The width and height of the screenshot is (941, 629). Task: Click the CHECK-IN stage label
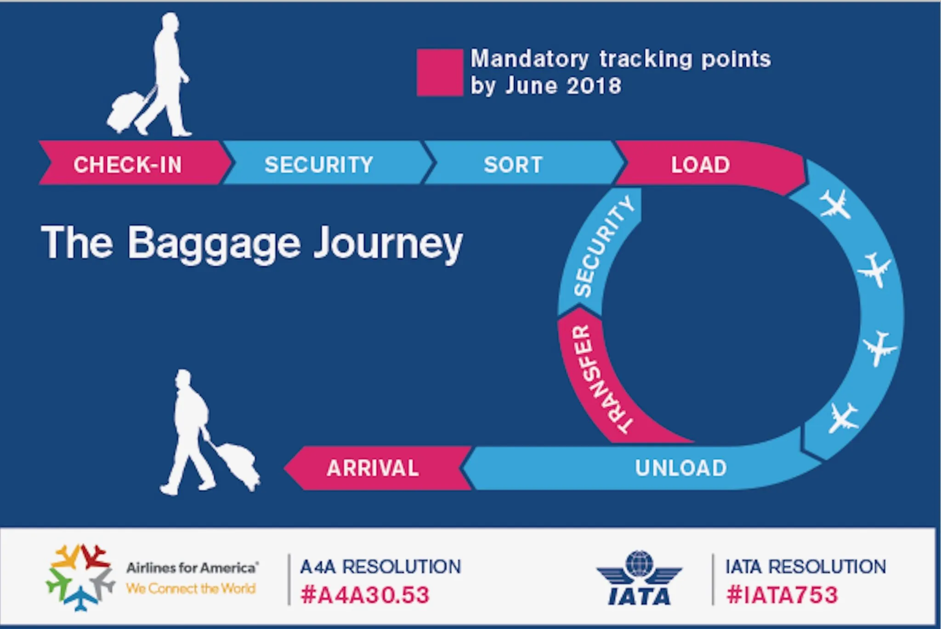(x=128, y=165)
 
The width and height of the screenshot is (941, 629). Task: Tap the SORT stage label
(x=513, y=165)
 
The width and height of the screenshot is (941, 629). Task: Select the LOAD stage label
(x=700, y=165)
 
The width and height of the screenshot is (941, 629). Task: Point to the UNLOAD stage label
(x=681, y=468)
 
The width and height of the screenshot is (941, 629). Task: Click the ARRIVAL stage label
(x=373, y=468)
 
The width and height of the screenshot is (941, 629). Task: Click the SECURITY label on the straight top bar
(x=319, y=165)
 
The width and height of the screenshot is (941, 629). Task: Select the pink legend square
(x=440, y=73)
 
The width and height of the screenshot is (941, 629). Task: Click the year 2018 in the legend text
(x=594, y=86)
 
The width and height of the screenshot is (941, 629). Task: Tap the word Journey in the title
(x=388, y=244)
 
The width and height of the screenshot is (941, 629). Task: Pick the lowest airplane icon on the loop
(x=843, y=417)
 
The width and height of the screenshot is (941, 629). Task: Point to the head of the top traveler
(x=170, y=22)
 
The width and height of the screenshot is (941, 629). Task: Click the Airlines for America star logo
(x=80, y=578)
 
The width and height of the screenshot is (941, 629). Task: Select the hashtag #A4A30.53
(x=365, y=595)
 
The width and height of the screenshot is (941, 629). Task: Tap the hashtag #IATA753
(x=782, y=595)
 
